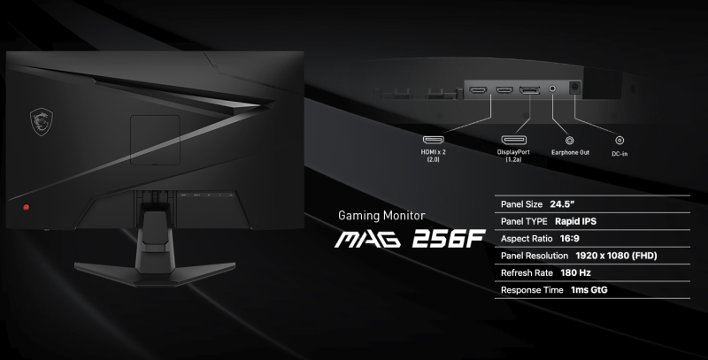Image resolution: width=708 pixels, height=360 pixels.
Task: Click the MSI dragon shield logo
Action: click(42, 122)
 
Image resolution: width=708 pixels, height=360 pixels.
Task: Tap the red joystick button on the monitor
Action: click(26, 207)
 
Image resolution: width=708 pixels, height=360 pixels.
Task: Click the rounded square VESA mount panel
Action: click(156, 140)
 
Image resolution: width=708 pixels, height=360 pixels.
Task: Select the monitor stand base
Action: click(155, 272)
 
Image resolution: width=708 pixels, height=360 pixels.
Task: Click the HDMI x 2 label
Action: click(433, 156)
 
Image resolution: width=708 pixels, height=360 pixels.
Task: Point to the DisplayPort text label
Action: click(513, 156)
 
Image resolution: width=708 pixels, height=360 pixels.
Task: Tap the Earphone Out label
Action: click(570, 152)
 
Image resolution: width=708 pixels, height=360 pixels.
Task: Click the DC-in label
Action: click(619, 154)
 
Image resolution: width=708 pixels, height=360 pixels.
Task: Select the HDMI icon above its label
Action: click(433, 140)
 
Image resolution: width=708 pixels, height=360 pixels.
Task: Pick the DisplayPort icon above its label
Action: click(514, 140)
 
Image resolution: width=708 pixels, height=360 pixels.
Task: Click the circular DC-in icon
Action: click(619, 141)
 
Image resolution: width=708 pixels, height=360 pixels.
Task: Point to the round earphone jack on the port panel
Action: click(552, 88)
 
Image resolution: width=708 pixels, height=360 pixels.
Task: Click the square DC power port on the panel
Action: click(574, 88)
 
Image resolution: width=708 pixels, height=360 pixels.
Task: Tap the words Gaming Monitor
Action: click(381, 216)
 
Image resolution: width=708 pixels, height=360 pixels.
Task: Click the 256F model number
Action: click(449, 239)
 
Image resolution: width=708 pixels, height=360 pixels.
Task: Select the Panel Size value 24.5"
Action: click(562, 204)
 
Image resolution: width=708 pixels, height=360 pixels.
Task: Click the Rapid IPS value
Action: click(576, 221)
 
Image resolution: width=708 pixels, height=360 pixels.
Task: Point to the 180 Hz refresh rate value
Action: click(576, 273)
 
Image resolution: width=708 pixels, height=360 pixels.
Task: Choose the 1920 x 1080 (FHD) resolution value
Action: click(616, 256)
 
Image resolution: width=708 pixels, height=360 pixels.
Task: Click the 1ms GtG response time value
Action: click(589, 290)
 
